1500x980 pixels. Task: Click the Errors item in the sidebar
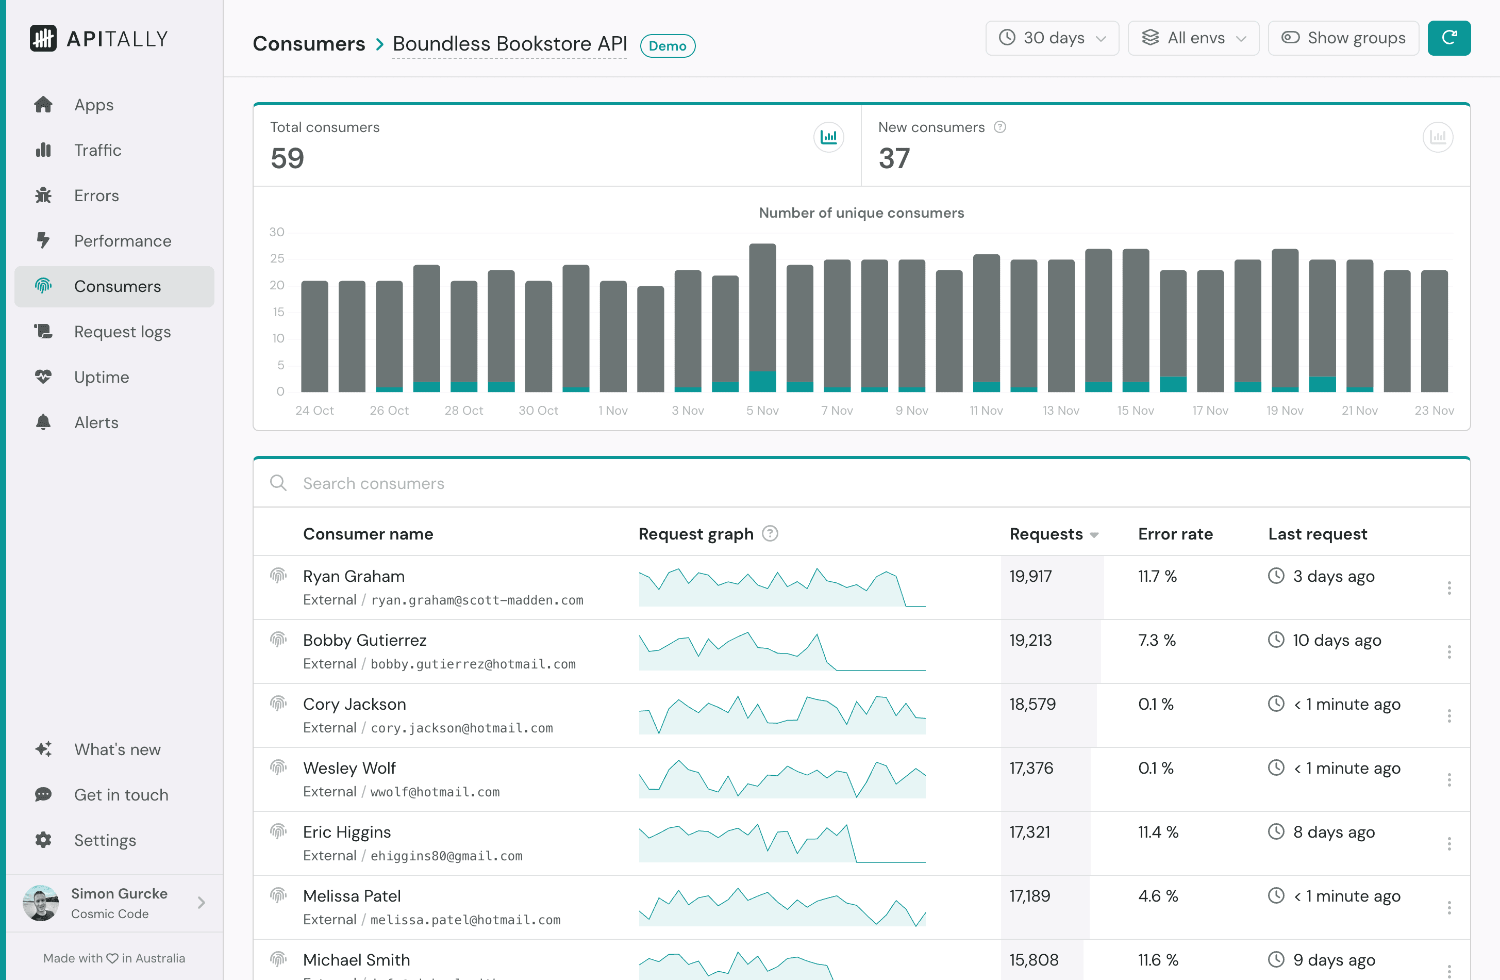[x=96, y=195]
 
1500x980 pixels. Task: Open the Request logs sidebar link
[x=122, y=332]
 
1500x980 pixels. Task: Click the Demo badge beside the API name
[x=667, y=46]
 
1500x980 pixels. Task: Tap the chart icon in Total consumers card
[x=828, y=137]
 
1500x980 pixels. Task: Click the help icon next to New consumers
[x=999, y=127]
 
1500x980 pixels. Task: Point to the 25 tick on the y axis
[x=277, y=258]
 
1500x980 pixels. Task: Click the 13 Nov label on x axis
[x=1061, y=411]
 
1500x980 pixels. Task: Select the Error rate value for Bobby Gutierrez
[x=1157, y=641]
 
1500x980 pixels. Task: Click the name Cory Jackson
[x=354, y=705]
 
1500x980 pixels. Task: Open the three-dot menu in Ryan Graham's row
[x=1449, y=588]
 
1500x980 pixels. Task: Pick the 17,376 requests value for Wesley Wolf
[x=1031, y=768]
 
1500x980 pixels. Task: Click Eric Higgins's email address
[x=446, y=856]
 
